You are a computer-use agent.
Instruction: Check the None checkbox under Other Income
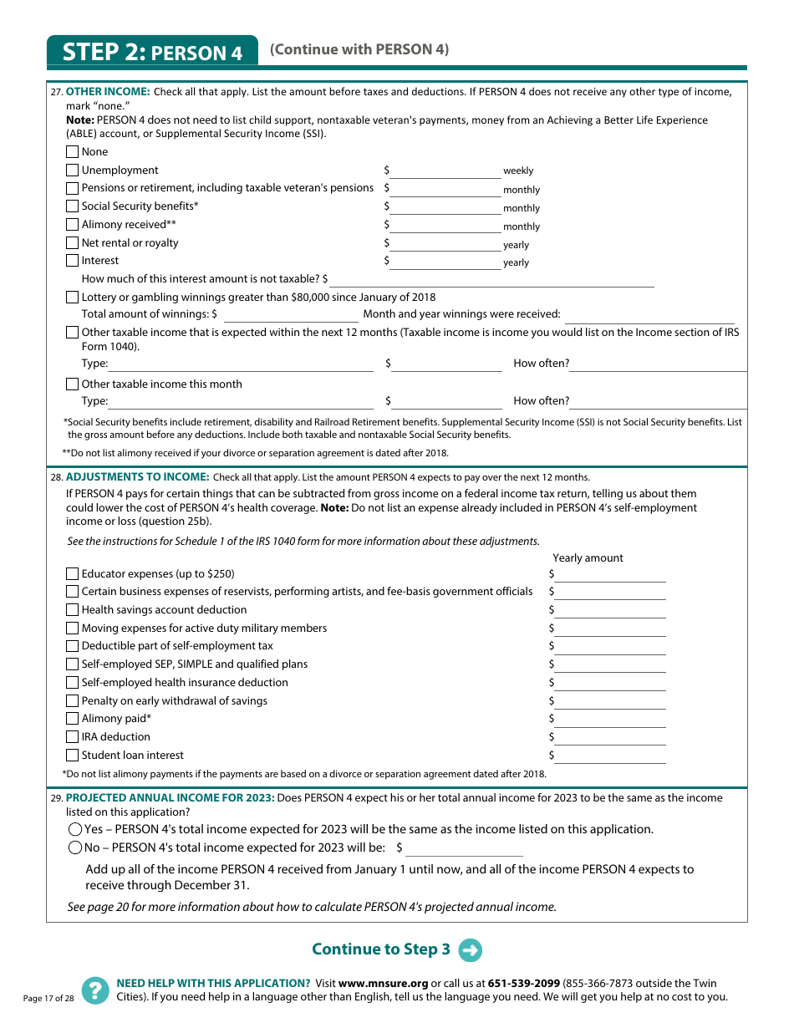coord(73,152)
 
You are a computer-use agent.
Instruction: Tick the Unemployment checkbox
coord(73,170)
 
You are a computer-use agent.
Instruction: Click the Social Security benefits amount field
coord(445,207)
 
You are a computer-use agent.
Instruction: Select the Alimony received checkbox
coord(73,225)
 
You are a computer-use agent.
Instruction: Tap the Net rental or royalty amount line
coord(445,244)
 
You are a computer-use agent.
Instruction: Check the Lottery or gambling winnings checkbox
coord(73,298)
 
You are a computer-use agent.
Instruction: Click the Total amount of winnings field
coord(291,315)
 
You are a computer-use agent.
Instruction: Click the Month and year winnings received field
coord(649,315)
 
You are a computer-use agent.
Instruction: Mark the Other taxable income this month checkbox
coord(73,384)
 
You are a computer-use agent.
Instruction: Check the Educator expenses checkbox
coord(73,574)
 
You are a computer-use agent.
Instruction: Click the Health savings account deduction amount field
coord(610,611)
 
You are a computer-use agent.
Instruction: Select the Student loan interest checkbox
coord(73,756)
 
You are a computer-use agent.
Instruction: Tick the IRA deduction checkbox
coord(73,737)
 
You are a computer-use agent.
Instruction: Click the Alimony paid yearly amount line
coord(610,720)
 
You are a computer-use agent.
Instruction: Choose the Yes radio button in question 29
coord(75,830)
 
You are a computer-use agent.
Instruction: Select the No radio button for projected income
coord(75,847)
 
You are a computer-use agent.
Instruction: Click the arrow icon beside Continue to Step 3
coord(471,950)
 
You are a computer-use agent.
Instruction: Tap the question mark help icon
coord(95,990)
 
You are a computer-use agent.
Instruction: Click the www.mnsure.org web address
coord(383,984)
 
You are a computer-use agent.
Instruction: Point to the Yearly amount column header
coord(588,558)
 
